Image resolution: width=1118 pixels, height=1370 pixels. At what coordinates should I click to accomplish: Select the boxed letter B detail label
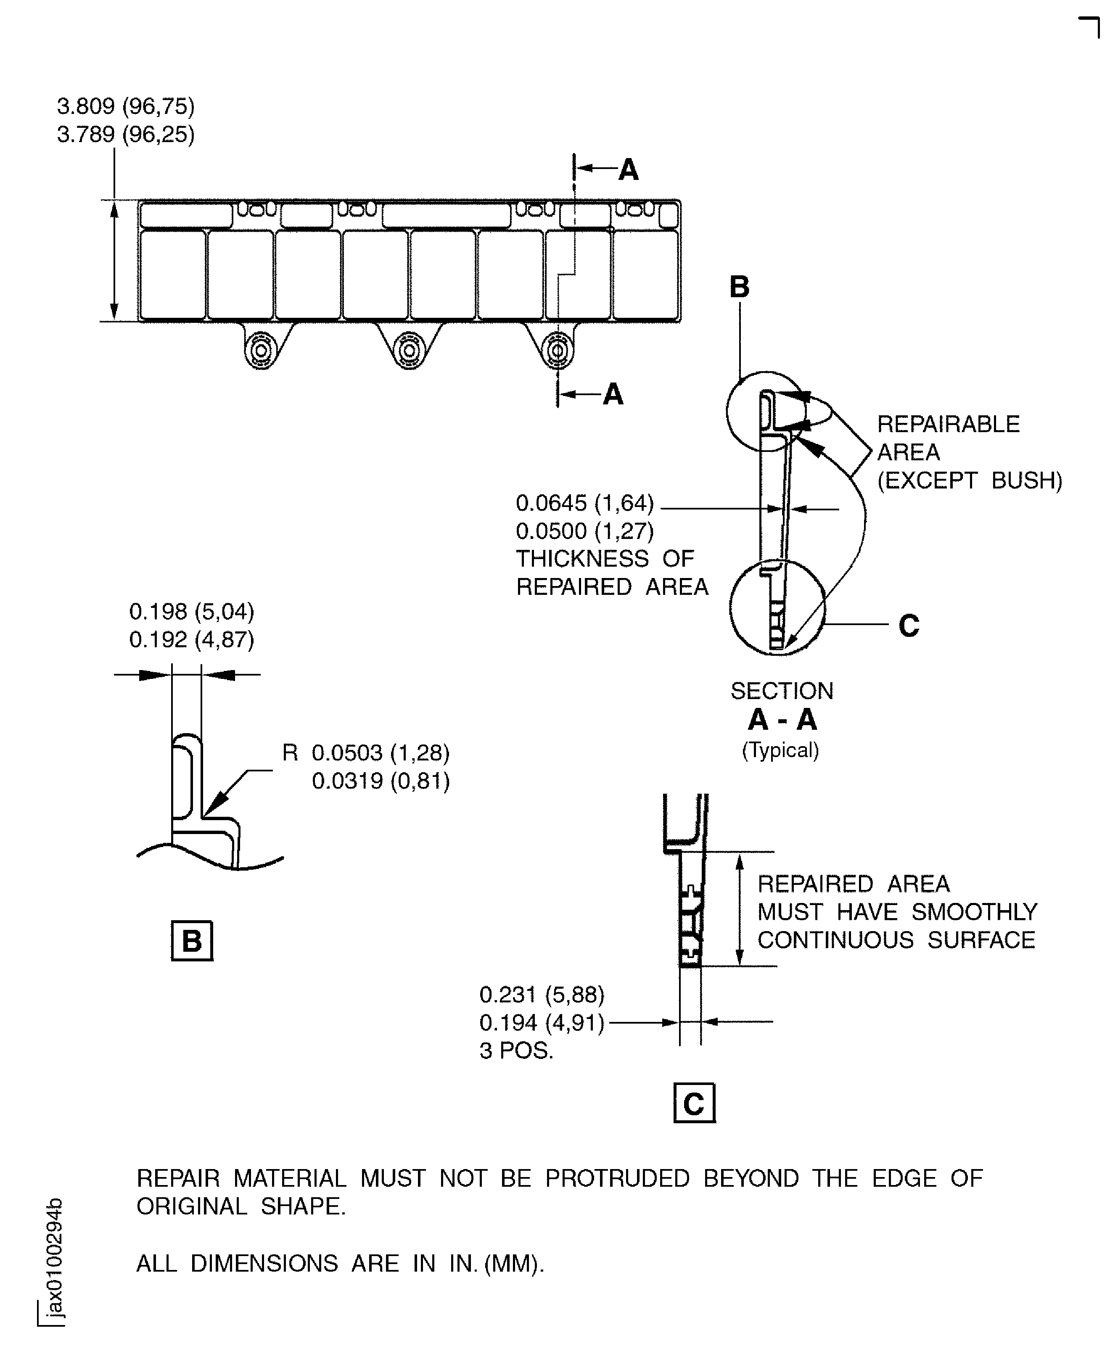pyautogui.click(x=192, y=940)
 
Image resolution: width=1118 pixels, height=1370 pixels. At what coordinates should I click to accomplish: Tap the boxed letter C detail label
pyautogui.click(x=694, y=1104)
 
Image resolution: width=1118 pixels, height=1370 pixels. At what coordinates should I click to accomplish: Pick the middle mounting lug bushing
pyautogui.click(x=410, y=351)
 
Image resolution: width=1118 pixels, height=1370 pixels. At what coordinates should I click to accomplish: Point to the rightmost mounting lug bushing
pyautogui.click(x=558, y=351)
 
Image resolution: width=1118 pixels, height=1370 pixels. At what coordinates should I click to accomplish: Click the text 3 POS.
pyautogui.click(x=516, y=1051)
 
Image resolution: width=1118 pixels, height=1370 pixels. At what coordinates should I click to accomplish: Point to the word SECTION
pyautogui.click(x=782, y=691)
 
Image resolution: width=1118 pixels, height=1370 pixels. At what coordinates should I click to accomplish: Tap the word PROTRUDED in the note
pyautogui.click(x=617, y=1178)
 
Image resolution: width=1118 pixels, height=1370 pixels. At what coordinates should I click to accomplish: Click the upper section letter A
pyautogui.click(x=629, y=170)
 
